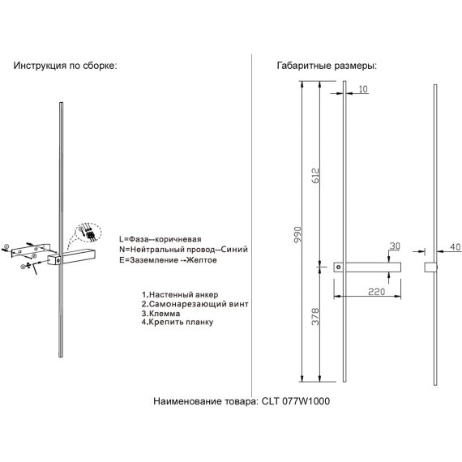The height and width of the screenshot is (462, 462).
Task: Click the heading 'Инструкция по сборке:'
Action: tap(65, 66)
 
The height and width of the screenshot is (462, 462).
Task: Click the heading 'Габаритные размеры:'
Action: tap(327, 66)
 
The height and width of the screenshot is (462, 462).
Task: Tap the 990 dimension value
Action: tap(298, 235)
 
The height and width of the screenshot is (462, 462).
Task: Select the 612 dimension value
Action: tap(315, 176)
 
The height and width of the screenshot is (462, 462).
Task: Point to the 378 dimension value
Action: tap(315, 317)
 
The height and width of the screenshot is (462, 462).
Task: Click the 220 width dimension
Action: tap(377, 292)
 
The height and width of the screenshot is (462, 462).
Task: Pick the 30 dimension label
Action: tap(395, 246)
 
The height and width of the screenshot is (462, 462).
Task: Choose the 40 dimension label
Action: tap(456, 247)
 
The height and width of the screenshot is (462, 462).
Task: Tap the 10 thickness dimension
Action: tap(363, 89)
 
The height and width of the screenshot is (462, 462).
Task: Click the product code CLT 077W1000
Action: tap(296, 401)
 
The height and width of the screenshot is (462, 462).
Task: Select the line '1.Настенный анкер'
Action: tap(180, 295)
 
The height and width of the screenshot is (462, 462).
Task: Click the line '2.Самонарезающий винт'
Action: tap(195, 304)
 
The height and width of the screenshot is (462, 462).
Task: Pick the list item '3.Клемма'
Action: tap(160, 313)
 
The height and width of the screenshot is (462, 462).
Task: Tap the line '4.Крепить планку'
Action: tap(178, 322)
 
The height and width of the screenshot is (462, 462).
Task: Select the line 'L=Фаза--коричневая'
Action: tap(160, 239)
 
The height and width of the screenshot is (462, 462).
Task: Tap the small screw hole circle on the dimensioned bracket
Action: tap(339, 267)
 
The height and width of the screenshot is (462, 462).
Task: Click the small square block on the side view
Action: tap(430, 267)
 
